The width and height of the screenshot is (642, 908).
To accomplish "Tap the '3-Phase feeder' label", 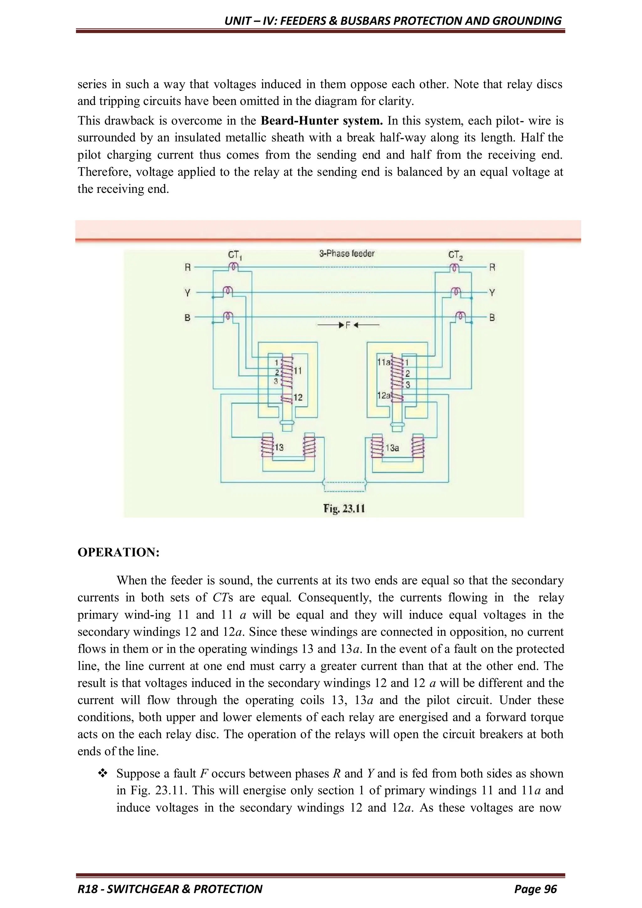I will pos(347,253).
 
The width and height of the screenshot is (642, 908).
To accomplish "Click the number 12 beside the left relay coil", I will pos(298,397).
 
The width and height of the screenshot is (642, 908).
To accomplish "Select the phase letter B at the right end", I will pos(492,317).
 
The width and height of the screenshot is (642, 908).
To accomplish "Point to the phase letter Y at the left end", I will pos(188,293).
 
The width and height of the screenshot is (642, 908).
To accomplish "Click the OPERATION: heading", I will pos(118,552).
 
